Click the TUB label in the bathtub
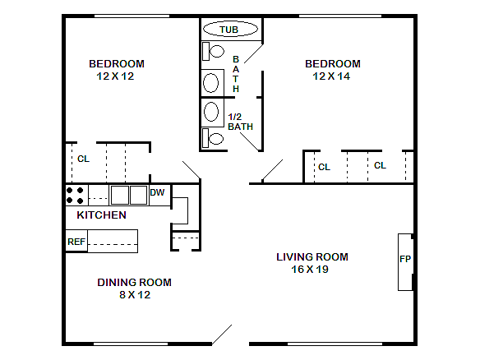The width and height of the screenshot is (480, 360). pos(228,30)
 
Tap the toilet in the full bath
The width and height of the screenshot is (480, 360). pos(213,51)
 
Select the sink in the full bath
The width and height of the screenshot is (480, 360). pos(211,83)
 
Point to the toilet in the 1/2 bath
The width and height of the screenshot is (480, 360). pos(213,138)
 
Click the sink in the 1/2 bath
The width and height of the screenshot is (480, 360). pos(211,112)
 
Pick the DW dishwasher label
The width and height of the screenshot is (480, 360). pos(157,192)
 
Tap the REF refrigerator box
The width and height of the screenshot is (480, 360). pos(76,241)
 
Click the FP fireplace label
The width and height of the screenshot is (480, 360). pos(405,259)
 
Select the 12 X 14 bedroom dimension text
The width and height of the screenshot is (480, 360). pos(331,76)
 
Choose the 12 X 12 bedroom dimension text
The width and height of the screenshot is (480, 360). pos(115,76)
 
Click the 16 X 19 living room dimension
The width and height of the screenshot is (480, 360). pos(310,270)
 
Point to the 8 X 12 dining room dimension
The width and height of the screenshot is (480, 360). pos(135,295)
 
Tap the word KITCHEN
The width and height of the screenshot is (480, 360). pos(101,215)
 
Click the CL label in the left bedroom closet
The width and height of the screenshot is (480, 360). pos(83,159)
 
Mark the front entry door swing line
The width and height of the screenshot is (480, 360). pos(222,335)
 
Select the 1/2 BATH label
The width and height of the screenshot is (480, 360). pos(240,122)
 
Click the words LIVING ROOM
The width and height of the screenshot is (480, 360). pos(312,256)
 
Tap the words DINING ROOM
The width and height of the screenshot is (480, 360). pos(135,282)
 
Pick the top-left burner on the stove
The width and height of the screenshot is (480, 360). pos(70,191)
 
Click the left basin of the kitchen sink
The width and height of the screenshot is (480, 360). pos(120,195)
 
